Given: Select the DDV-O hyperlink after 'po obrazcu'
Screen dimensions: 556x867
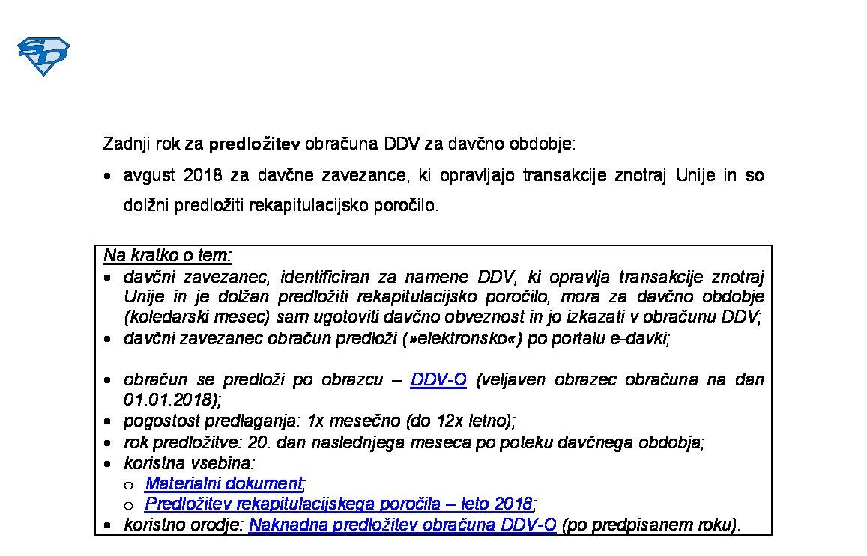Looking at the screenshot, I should tap(438, 379).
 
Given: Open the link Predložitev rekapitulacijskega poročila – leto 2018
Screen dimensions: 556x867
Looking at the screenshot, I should tap(339, 504).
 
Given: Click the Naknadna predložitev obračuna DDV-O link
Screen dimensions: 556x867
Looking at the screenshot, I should tap(402, 525).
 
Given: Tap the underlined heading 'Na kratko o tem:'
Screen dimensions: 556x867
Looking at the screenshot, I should tap(168, 255).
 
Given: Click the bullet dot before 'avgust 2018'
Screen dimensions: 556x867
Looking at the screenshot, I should tap(109, 177).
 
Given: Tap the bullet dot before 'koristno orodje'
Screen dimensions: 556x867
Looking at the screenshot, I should tap(109, 526).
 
